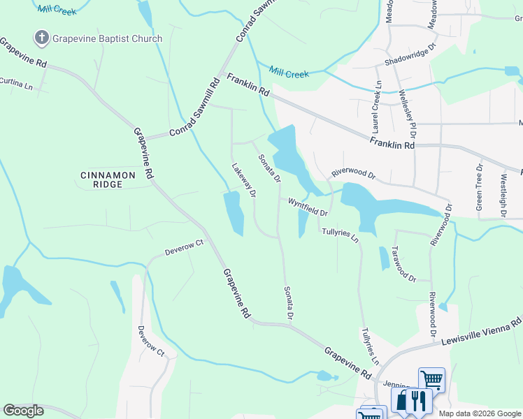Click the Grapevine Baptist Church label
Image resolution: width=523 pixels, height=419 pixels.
pyautogui.click(x=107, y=39)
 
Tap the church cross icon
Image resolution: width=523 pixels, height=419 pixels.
pyautogui.click(x=41, y=38)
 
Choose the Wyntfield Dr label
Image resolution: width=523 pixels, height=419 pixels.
pyautogui.click(x=307, y=206)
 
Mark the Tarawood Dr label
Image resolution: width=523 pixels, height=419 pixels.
pyautogui.click(x=403, y=264)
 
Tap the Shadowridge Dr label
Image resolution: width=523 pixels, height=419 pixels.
pyautogui.click(x=410, y=55)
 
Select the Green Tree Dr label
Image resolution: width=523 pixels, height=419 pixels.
pyautogui.click(x=480, y=187)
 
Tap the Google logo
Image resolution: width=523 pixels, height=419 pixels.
pyautogui.click(x=23, y=411)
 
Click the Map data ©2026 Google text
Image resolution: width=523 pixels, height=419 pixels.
pyautogui.click(x=480, y=413)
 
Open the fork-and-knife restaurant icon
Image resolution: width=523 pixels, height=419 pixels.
pyautogui.click(x=418, y=399)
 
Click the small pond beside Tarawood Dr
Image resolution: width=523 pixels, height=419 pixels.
pyautogui.click(x=385, y=258)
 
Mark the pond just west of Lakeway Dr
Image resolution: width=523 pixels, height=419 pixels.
pyautogui.click(x=233, y=213)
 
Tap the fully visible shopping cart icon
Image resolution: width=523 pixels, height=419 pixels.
pyautogui.click(x=432, y=379)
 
